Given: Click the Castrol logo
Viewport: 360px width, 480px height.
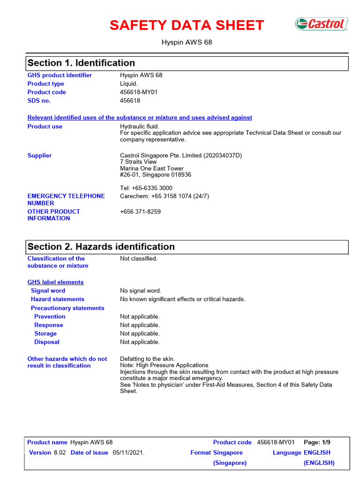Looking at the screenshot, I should [x=321, y=24].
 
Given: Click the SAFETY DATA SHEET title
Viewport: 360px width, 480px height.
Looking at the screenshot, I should [x=187, y=25].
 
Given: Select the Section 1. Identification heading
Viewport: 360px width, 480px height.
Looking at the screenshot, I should [x=81, y=63].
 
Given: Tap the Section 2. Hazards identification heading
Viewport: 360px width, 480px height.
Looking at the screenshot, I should [x=101, y=247].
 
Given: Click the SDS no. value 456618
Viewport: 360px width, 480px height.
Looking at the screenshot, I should [x=130, y=101].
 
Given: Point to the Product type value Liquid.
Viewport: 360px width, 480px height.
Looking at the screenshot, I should [x=129, y=84].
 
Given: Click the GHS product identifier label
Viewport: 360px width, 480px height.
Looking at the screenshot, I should [x=60, y=75].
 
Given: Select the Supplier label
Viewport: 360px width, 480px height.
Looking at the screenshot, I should [x=39, y=156].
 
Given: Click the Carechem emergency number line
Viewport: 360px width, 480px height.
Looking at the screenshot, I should [x=164, y=196].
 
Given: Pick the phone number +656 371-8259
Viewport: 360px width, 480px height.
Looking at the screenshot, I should [x=140, y=212].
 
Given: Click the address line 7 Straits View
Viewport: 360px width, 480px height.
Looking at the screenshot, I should [x=138, y=162].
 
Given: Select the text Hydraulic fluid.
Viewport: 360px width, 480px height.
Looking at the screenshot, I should [x=140, y=127].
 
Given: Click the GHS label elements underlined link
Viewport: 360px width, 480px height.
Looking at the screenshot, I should [x=55, y=282].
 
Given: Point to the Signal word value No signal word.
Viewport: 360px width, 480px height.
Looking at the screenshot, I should [x=140, y=291].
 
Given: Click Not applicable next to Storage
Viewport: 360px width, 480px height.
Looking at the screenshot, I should [x=140, y=334].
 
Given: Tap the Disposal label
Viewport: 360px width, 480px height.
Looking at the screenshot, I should [x=47, y=342].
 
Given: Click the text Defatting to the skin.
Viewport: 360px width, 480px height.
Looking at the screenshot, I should [x=147, y=359].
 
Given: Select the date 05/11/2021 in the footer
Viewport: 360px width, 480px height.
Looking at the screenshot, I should [x=128, y=453].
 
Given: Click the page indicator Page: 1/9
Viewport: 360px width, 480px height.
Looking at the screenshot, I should [x=317, y=442].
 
